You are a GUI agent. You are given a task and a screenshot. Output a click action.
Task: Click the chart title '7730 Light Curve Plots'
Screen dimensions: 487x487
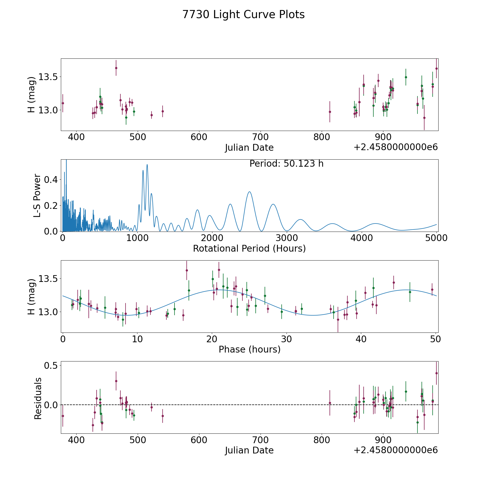click(243, 15)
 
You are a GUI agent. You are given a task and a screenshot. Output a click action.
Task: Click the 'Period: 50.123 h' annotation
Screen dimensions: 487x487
click(287, 164)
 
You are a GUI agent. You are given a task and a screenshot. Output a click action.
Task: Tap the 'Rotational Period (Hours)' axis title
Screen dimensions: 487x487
click(249, 248)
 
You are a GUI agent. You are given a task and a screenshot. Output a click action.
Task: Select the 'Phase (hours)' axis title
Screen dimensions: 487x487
click(249, 349)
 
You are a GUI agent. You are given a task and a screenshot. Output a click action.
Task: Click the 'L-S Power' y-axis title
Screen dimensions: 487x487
click(37, 196)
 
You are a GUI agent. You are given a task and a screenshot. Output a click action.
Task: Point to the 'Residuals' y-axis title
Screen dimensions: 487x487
click(38, 399)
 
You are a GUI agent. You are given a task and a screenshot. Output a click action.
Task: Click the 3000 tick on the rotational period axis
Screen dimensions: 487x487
click(287, 238)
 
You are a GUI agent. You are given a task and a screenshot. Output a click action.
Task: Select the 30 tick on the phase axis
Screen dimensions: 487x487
click(286, 339)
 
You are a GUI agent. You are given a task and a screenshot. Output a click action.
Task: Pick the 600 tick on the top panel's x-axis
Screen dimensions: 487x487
click(199, 137)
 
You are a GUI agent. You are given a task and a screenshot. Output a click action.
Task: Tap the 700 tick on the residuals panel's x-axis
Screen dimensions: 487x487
click(260, 440)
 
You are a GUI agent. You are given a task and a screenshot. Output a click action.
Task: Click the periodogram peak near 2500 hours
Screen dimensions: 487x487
click(249, 192)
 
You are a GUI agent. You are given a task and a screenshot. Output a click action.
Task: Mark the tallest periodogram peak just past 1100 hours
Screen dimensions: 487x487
click(147, 164)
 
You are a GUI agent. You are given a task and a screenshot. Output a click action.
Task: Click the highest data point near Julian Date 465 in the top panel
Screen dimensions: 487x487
click(116, 68)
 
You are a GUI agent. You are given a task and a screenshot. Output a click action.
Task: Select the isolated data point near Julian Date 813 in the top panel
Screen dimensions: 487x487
click(330, 112)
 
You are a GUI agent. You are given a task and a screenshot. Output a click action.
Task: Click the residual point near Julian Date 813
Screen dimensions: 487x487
click(330, 403)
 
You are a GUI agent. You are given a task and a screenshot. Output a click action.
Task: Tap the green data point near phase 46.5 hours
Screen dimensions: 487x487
click(410, 292)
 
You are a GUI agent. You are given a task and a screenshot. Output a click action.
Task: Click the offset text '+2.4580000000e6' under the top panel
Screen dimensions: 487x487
click(396, 147)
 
